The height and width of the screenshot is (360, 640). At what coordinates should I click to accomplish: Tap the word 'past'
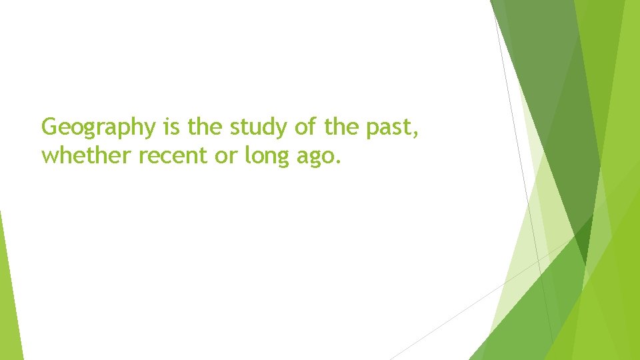pyautogui.click(x=387, y=127)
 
